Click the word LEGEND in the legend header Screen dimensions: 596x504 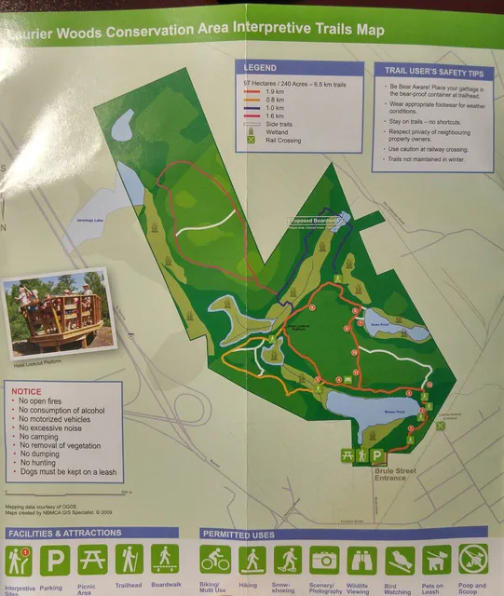(x=260, y=68)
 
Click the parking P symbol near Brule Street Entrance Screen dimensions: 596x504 (x=378, y=456)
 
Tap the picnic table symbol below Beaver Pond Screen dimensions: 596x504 (x=347, y=454)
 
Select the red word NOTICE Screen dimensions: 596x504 (x=26, y=392)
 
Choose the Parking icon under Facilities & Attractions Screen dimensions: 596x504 (x=55, y=560)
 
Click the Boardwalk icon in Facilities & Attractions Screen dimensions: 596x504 (x=166, y=559)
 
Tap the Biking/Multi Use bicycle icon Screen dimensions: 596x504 (x=215, y=560)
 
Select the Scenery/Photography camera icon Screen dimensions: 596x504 (x=325, y=560)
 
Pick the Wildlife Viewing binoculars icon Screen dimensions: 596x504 (x=362, y=560)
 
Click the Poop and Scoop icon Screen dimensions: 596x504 (x=472, y=560)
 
